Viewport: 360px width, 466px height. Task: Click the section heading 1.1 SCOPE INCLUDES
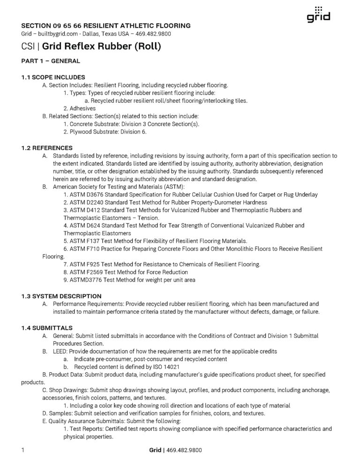[53, 77]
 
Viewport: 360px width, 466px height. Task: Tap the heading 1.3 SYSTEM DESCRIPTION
[61, 296]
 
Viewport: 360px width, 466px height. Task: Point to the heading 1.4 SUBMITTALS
[47, 327]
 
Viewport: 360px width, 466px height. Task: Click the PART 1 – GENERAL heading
[51, 61]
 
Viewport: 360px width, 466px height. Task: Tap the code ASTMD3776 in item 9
[86, 280]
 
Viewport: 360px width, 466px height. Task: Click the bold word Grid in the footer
[155, 450]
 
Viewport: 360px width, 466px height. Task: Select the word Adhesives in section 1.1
[82, 108]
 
